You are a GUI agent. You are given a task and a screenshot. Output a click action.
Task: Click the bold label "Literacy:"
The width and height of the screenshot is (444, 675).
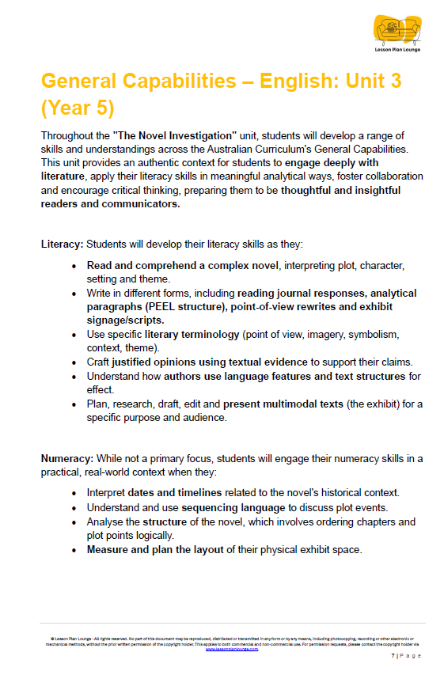click(x=63, y=244)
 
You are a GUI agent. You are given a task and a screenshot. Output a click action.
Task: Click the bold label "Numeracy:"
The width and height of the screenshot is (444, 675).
click(x=66, y=457)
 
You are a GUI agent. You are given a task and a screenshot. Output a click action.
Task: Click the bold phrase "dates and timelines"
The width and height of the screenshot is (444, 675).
click(x=173, y=493)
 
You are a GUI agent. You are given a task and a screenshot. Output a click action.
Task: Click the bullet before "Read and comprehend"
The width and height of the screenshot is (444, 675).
click(x=74, y=265)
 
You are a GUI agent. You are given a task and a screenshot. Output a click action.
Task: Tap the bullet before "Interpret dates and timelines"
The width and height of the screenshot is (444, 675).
click(x=74, y=493)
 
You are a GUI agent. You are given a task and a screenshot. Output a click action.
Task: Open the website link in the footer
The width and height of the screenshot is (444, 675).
click(x=232, y=648)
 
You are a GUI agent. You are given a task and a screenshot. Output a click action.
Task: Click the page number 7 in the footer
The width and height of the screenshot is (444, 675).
click(x=393, y=656)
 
